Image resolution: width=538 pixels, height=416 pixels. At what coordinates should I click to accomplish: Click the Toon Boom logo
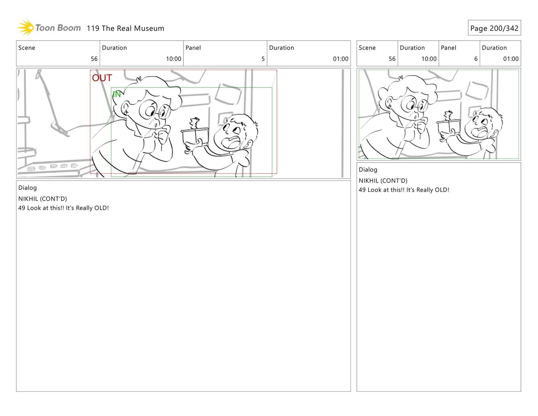tap(49, 28)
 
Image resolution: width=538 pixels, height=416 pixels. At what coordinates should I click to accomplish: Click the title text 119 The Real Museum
tap(126, 28)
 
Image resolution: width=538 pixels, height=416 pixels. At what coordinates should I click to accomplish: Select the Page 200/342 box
tap(494, 28)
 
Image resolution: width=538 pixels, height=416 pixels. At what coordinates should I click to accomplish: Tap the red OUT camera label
tap(102, 78)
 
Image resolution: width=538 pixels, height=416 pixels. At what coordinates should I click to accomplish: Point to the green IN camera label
tap(117, 94)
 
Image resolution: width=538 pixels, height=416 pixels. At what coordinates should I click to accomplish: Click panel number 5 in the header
tap(263, 59)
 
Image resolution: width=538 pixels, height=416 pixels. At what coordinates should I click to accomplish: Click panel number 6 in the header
tap(476, 59)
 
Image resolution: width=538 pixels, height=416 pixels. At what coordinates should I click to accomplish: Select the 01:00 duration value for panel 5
tap(340, 59)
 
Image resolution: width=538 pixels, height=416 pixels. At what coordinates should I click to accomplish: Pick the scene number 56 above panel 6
tap(392, 59)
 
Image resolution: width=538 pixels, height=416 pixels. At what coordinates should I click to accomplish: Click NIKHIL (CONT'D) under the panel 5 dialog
tap(43, 199)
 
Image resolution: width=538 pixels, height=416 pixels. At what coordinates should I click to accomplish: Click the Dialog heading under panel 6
tap(368, 170)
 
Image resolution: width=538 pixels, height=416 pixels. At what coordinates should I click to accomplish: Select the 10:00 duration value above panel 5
tap(173, 59)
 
